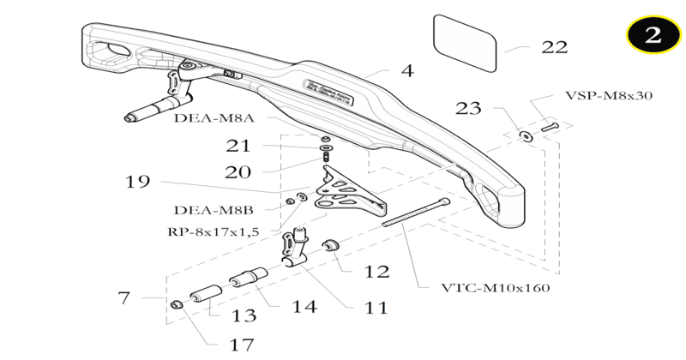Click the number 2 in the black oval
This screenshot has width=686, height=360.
click(653, 36)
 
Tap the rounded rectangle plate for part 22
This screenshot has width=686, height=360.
click(465, 43)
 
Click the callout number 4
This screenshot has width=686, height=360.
click(407, 71)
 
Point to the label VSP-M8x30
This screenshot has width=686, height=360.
click(609, 95)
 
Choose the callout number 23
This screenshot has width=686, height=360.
click(468, 109)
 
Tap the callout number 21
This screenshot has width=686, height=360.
click(238, 146)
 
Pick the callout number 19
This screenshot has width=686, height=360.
click(137, 182)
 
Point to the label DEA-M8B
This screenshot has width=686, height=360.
click(214, 209)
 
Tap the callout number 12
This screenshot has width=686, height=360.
click(376, 272)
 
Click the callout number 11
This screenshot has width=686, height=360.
click(374, 306)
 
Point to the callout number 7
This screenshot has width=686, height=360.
click(124, 298)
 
